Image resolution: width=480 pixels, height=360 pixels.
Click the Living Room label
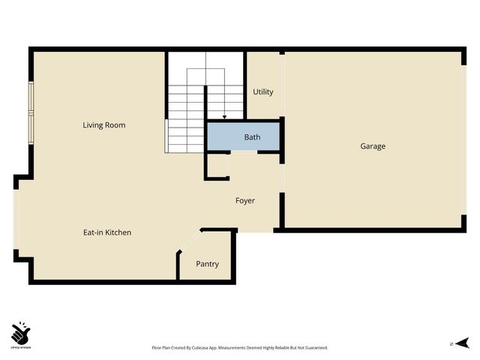pos(103,125)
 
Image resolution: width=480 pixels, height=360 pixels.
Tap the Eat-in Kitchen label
pos(107,232)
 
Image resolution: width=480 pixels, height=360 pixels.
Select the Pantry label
pos(207,264)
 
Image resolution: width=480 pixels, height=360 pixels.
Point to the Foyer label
pos(245,201)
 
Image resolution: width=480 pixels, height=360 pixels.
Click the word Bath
pos(252,138)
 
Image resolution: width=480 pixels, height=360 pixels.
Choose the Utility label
pos(263,92)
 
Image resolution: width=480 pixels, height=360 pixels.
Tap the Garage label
pos(373,146)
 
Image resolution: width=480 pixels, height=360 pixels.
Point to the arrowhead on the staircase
pos(224,117)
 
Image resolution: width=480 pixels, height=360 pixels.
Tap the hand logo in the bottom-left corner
pos(20,332)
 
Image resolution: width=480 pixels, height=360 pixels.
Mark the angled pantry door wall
pos(189,243)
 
